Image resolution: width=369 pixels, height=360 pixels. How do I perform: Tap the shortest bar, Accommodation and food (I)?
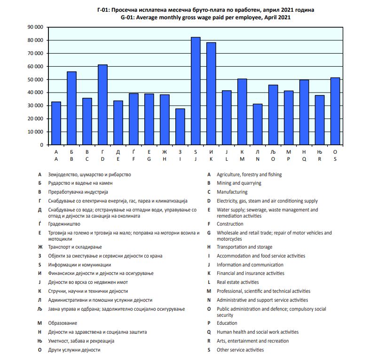click(180, 127)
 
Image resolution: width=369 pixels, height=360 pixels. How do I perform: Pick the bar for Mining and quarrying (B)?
click(71, 108)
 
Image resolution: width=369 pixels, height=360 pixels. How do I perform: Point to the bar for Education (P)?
click(289, 117)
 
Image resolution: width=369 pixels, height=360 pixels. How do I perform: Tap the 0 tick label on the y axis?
click(41, 145)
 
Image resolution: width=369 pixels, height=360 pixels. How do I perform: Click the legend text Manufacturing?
click(232, 192)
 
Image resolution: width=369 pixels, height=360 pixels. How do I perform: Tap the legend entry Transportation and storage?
click(244, 247)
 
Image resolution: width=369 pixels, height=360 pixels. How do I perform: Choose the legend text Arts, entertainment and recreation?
click(252, 341)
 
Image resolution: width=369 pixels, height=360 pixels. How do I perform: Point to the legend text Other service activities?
click(240, 350)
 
